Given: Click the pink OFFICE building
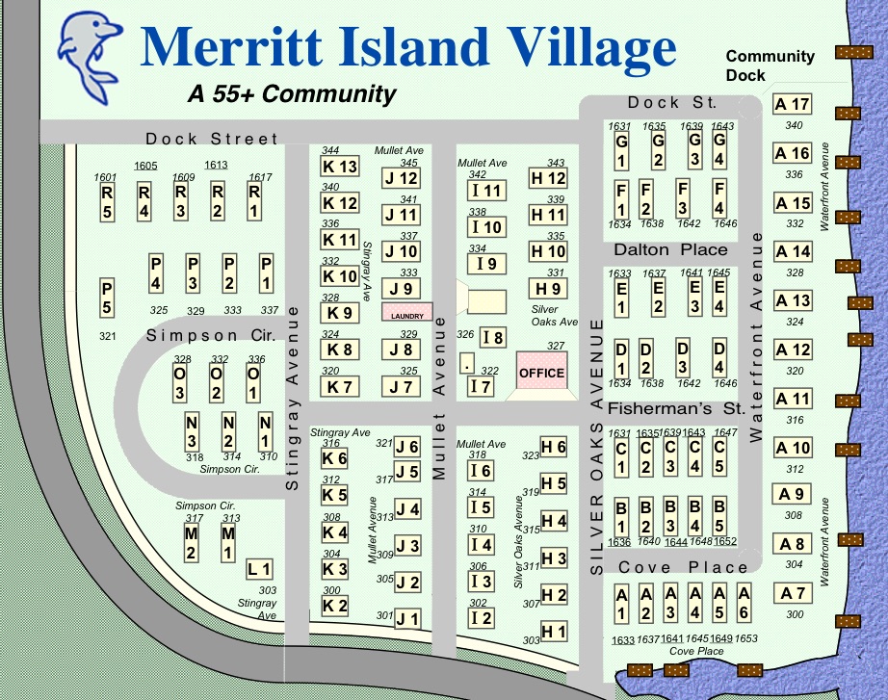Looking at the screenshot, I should tap(542, 370).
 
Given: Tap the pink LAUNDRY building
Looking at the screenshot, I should tap(407, 313).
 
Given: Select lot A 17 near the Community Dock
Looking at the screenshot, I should tap(793, 105).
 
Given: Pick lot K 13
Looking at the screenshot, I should tap(339, 167).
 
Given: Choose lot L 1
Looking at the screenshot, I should tap(259, 569).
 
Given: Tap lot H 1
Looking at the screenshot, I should tap(554, 632).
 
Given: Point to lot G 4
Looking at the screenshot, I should tap(718, 150).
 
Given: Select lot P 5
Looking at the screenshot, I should tap(107, 297).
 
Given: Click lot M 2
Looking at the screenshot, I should tap(191, 542).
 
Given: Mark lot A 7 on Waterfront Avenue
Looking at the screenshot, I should tap(794, 593).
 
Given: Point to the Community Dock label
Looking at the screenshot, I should tap(770, 65).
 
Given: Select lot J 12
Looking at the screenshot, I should tap(401, 178).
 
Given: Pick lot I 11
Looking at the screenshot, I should tap(486, 191).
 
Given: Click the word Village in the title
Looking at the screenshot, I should tap(557, 47).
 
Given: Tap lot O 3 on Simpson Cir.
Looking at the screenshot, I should tap(180, 382).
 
